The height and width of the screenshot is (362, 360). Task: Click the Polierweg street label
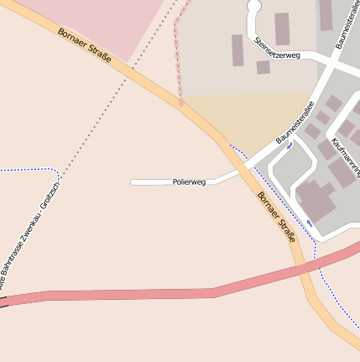tap(189, 181)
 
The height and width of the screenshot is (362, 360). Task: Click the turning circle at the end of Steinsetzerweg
tap(254, 8)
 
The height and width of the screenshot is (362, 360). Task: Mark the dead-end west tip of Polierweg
tap(133, 181)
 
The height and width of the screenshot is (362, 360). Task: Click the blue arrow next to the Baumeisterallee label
tap(290, 145)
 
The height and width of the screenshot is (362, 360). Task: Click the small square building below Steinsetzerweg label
tap(263, 67)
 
